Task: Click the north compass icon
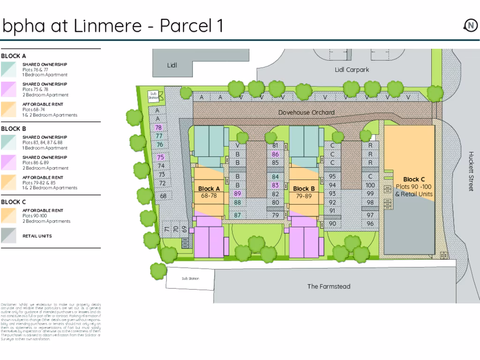[x=470, y=25]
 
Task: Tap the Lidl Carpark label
[x=352, y=70]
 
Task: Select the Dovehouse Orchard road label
[x=307, y=112]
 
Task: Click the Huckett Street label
[x=471, y=171]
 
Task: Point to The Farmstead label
[x=329, y=286]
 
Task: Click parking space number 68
[x=163, y=196]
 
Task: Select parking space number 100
[x=370, y=185]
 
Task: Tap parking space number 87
[x=238, y=215]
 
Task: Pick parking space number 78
[x=158, y=127]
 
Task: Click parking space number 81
[x=275, y=146]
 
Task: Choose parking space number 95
[x=333, y=177]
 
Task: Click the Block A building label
[x=209, y=189]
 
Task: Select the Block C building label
[x=414, y=179]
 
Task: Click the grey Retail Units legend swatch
[x=8, y=236]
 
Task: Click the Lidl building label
[x=172, y=65]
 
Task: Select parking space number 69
[x=184, y=229]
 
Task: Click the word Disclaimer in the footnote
[x=9, y=305]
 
